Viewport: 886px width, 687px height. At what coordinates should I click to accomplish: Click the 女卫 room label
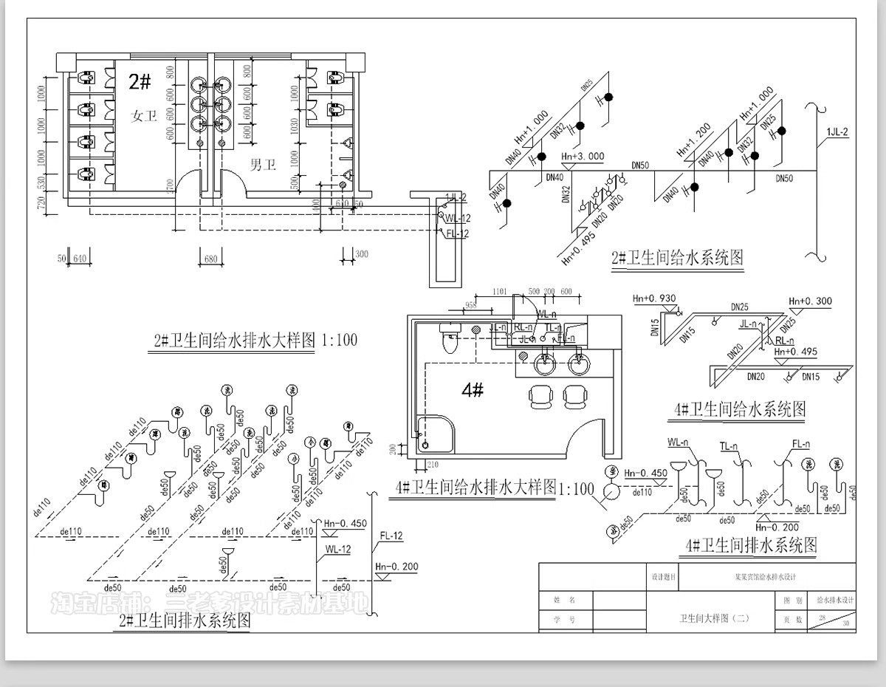tap(145, 116)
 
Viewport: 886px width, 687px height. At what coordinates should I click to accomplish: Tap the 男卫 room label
tap(263, 165)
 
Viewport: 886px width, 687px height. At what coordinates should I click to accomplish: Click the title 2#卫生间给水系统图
tap(677, 259)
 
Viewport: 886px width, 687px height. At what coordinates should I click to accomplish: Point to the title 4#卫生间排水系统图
tap(751, 546)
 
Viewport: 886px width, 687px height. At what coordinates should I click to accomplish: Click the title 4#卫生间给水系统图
tap(739, 409)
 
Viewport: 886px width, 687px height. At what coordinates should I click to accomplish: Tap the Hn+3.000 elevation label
tap(583, 157)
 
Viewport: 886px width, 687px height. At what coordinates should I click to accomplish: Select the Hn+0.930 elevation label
tap(655, 298)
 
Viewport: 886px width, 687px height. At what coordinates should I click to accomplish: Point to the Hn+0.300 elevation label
tap(810, 301)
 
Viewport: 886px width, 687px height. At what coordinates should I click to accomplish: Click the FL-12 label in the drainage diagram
tap(391, 536)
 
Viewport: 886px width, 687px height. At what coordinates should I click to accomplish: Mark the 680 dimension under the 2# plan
tap(210, 259)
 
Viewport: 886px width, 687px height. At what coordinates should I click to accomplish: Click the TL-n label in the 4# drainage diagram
tap(729, 446)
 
